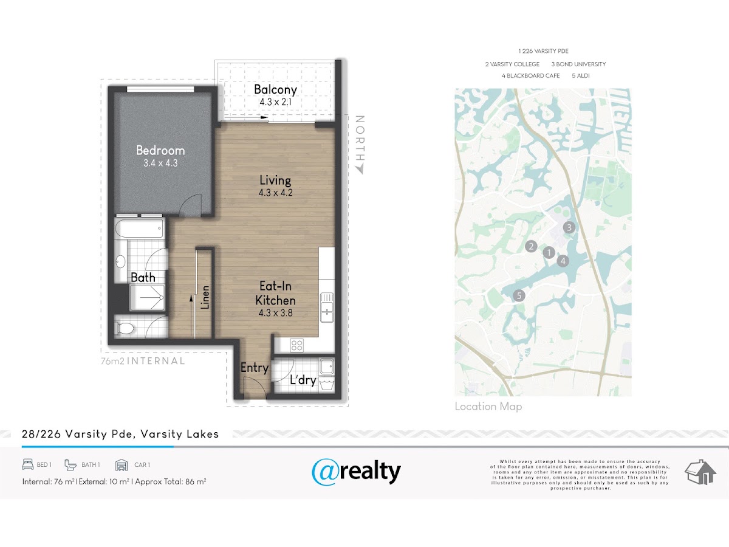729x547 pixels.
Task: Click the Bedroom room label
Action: [160, 151]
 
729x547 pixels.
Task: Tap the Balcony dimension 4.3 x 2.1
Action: [275, 102]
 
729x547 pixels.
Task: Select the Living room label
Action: [275, 181]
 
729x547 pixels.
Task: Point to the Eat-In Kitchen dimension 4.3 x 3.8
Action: [275, 313]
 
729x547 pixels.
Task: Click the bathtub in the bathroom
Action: [140, 228]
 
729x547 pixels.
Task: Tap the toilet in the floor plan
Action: [125, 328]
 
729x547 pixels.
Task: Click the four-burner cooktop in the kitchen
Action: [296, 345]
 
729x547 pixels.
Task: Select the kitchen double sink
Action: [327, 307]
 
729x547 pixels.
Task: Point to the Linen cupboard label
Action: [205, 298]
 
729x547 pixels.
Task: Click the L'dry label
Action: [303, 380]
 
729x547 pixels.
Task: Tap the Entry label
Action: [255, 368]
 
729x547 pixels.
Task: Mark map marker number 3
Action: [569, 227]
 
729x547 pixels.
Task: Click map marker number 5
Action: [519, 295]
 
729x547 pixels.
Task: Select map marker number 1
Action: [549, 253]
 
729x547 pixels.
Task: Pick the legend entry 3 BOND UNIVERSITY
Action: [578, 64]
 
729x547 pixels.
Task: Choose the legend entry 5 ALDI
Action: [581, 76]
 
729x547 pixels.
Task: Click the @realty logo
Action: [356, 472]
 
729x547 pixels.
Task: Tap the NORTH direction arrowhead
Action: [360, 170]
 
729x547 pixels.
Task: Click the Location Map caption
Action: [488, 407]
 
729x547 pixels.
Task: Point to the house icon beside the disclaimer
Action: [700, 472]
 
